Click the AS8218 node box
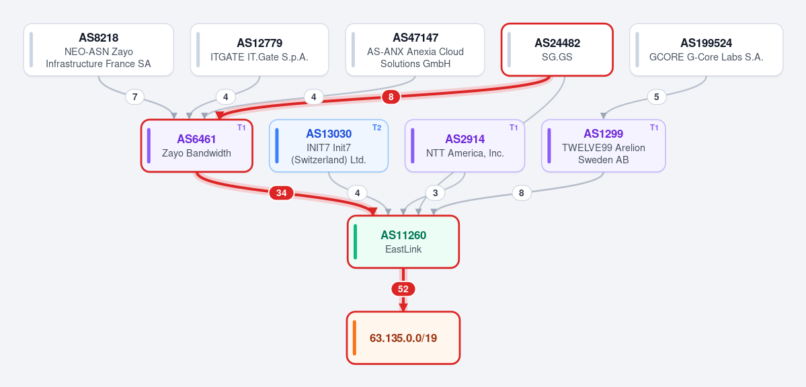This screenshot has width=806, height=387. (x=99, y=50)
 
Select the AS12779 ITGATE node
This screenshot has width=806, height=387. (x=259, y=50)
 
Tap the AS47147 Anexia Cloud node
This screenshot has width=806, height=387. (x=415, y=50)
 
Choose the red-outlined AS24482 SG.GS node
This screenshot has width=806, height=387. (x=557, y=50)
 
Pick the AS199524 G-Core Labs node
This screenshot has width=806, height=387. (x=707, y=50)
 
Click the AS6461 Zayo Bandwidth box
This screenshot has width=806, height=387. (x=197, y=146)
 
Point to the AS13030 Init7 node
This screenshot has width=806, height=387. (x=329, y=146)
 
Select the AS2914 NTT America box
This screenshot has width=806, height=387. (x=465, y=146)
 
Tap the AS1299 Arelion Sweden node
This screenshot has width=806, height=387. (x=604, y=146)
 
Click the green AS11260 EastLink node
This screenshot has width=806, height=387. (x=403, y=242)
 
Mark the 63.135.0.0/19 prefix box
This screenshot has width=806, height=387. (x=403, y=338)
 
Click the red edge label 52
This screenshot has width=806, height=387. (x=403, y=290)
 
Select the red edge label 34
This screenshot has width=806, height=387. (x=281, y=193)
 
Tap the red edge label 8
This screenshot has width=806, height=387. (x=391, y=97)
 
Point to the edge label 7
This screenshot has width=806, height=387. (x=134, y=97)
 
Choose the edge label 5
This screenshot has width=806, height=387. (x=656, y=97)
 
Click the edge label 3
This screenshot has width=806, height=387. (x=436, y=193)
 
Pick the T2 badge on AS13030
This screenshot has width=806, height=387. (x=377, y=128)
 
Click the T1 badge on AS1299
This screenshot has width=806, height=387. (x=654, y=128)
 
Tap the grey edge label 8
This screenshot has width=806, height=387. (x=522, y=193)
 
